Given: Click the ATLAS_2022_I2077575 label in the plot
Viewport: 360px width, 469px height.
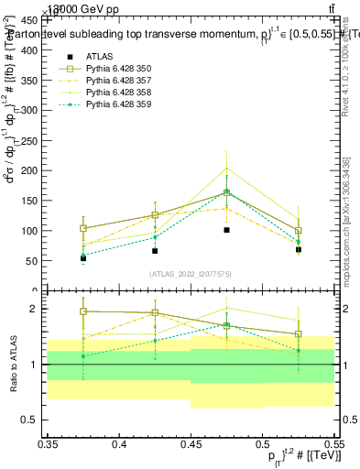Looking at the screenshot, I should click(x=191, y=274).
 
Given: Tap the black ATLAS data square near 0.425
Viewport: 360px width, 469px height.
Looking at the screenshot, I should click(x=155, y=251).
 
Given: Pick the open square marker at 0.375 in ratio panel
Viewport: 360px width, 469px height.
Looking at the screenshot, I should click(x=83, y=311).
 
